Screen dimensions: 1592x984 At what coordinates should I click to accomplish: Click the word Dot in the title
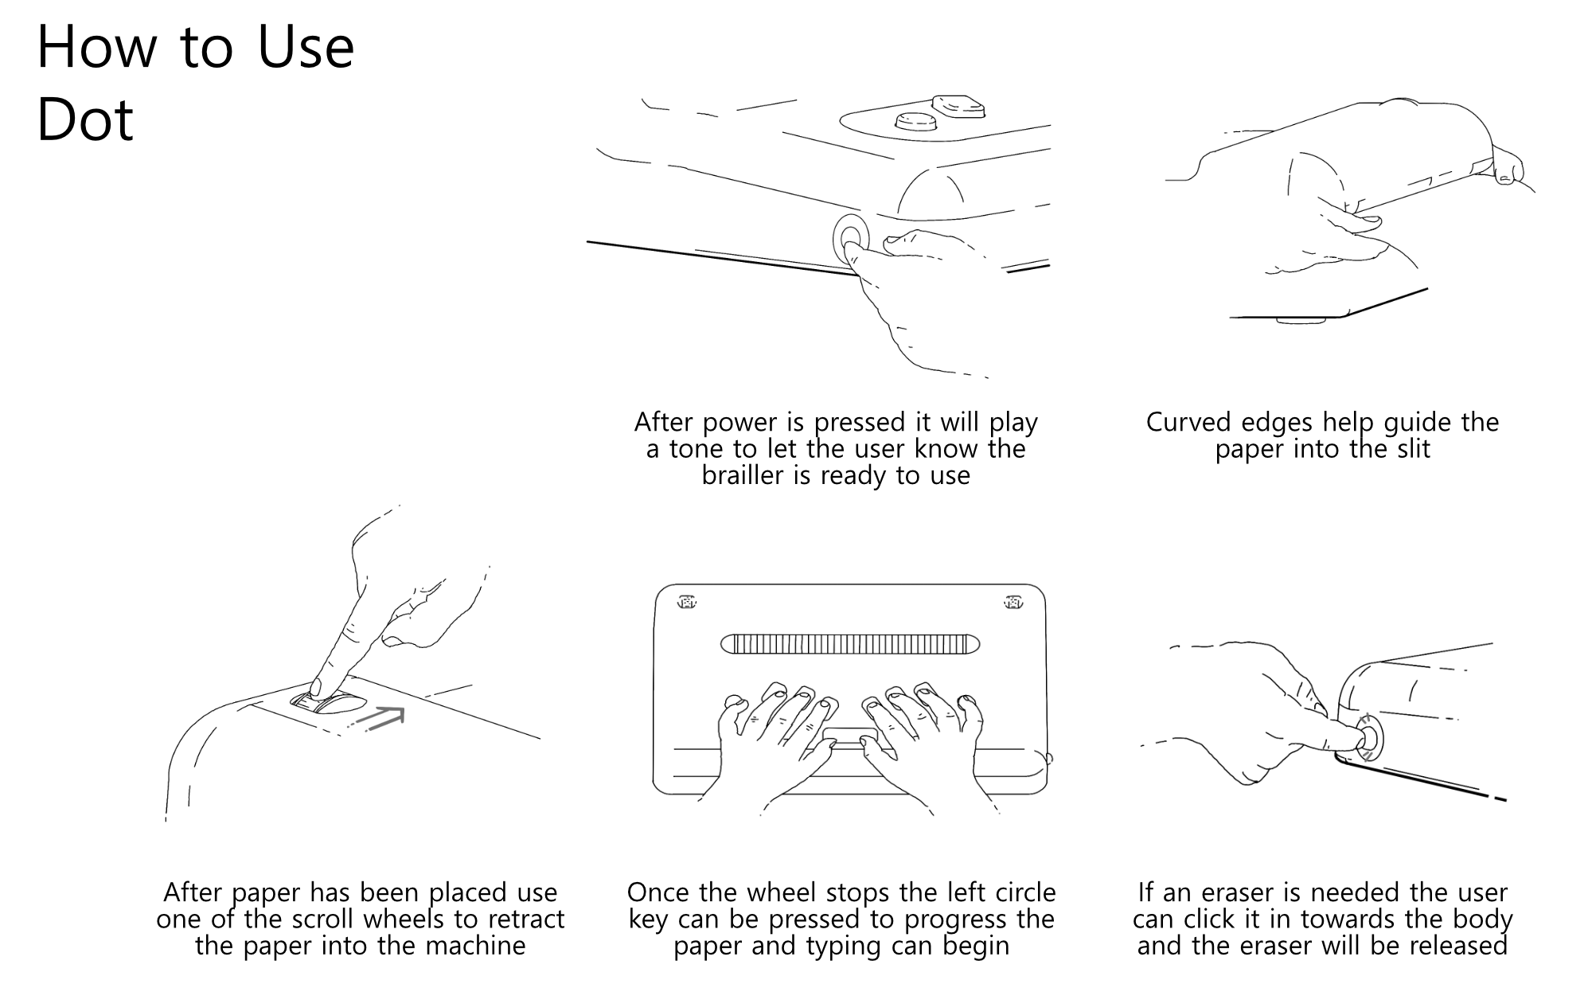pyautogui.click(x=85, y=120)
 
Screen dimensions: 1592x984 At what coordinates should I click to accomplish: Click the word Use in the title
pyautogui.click(x=306, y=47)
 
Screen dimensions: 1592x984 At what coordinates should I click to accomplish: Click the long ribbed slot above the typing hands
pyautogui.click(x=849, y=643)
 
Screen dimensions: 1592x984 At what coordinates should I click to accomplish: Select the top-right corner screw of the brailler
pyautogui.click(x=1013, y=602)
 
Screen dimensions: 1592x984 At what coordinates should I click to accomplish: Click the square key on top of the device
pyautogui.click(x=958, y=105)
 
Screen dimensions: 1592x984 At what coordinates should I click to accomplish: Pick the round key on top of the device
pyautogui.click(x=915, y=122)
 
